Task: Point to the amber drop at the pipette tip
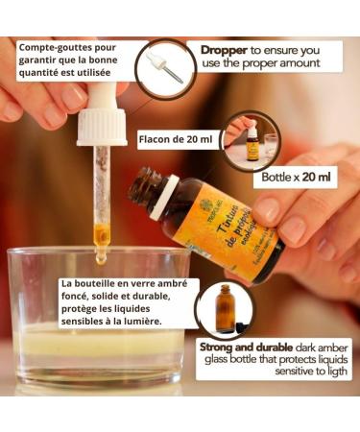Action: (x=100, y=256)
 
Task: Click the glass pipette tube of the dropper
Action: (x=100, y=192)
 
